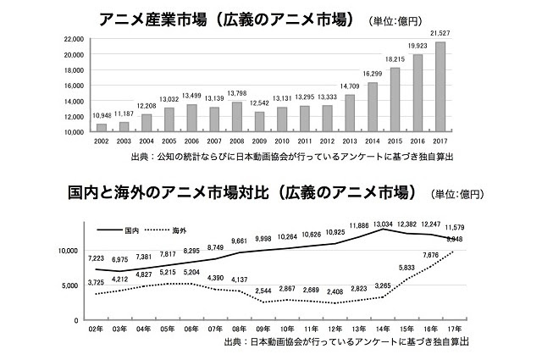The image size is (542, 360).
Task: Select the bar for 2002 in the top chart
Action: (102, 128)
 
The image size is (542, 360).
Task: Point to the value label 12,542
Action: (260, 104)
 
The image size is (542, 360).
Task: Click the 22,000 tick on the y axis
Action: (74, 39)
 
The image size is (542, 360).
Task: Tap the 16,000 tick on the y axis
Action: (74, 86)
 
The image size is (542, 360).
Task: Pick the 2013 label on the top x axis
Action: (350, 141)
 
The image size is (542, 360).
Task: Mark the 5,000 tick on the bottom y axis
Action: (69, 285)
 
